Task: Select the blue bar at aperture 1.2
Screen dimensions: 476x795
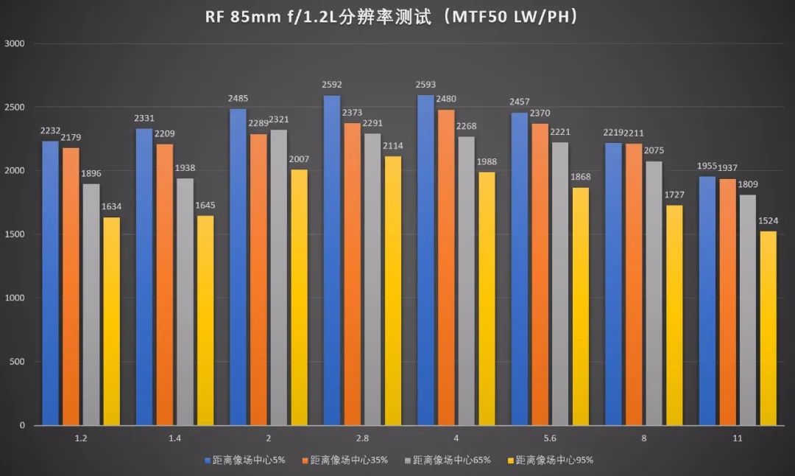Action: point(50,283)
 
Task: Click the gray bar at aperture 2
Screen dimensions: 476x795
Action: point(278,277)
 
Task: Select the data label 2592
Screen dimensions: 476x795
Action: point(332,85)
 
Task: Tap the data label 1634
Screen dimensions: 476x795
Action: point(111,207)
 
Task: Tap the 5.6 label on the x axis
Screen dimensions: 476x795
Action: point(550,438)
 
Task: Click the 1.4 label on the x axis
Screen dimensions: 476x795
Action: point(174,438)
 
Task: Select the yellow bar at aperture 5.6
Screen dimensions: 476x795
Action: point(580,306)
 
